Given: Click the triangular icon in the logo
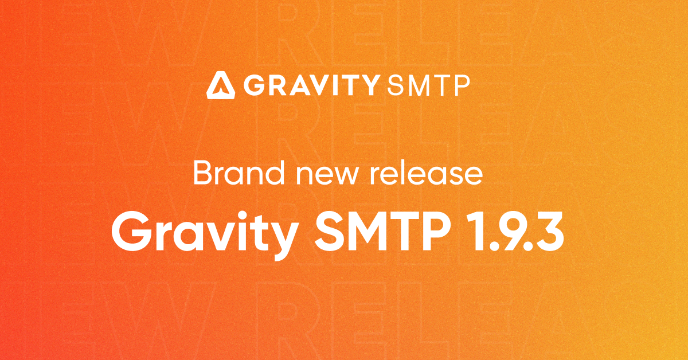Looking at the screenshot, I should [x=220, y=84].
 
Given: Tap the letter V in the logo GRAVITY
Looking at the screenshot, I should [x=319, y=85].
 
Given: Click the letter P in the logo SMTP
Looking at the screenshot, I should [x=461, y=85].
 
